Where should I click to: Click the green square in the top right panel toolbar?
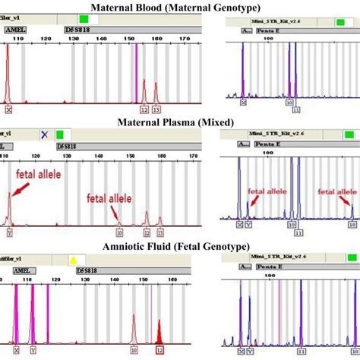click(x=317, y=19)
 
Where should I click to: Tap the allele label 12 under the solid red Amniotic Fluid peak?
click(x=159, y=349)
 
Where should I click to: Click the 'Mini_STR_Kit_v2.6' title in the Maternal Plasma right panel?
click(x=263, y=132)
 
